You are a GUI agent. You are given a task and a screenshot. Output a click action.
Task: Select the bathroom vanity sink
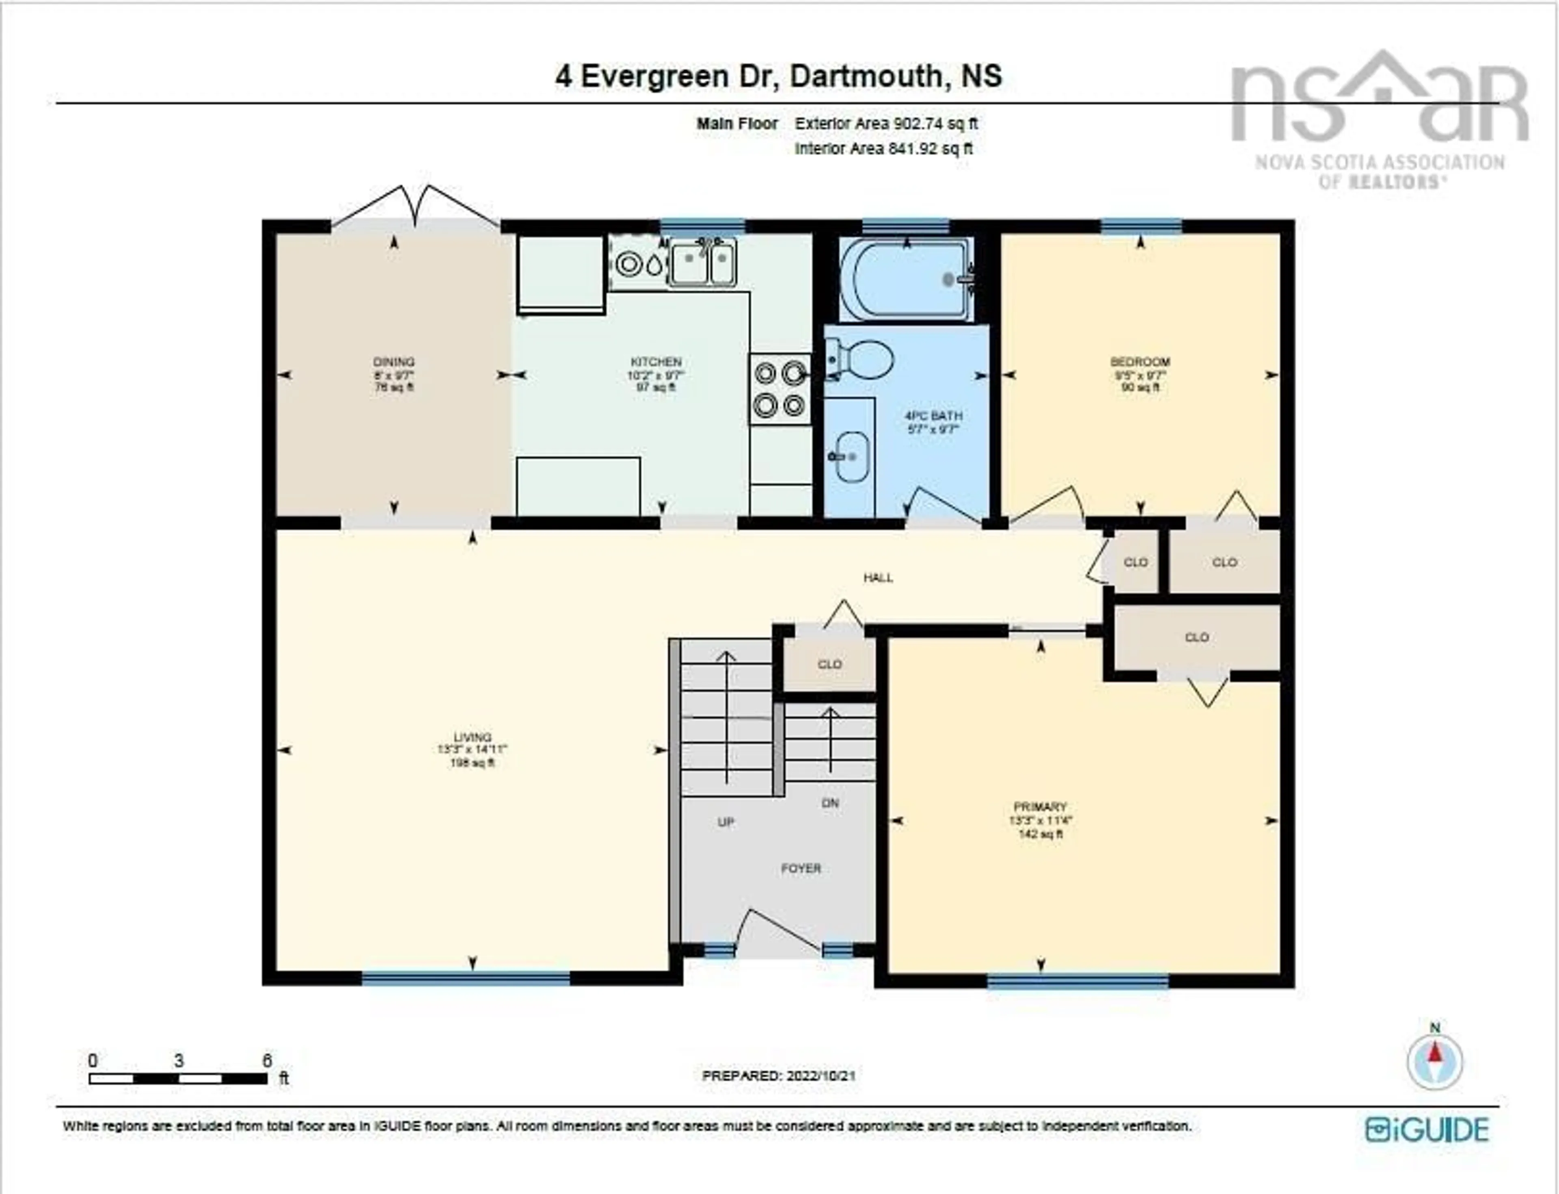pos(851,455)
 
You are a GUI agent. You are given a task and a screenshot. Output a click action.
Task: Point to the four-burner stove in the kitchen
pos(779,390)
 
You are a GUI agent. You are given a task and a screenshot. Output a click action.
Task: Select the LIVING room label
pos(472,738)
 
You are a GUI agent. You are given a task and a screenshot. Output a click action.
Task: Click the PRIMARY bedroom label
pos(1040,807)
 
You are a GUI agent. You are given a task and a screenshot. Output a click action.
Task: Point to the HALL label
pos(878,578)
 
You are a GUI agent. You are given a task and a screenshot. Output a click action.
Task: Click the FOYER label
pos(801,869)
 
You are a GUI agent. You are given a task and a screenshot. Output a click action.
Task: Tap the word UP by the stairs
pos(725,822)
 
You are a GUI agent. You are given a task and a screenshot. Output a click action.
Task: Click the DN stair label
pos(829,803)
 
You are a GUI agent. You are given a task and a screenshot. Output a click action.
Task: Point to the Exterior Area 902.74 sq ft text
pos(886,124)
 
